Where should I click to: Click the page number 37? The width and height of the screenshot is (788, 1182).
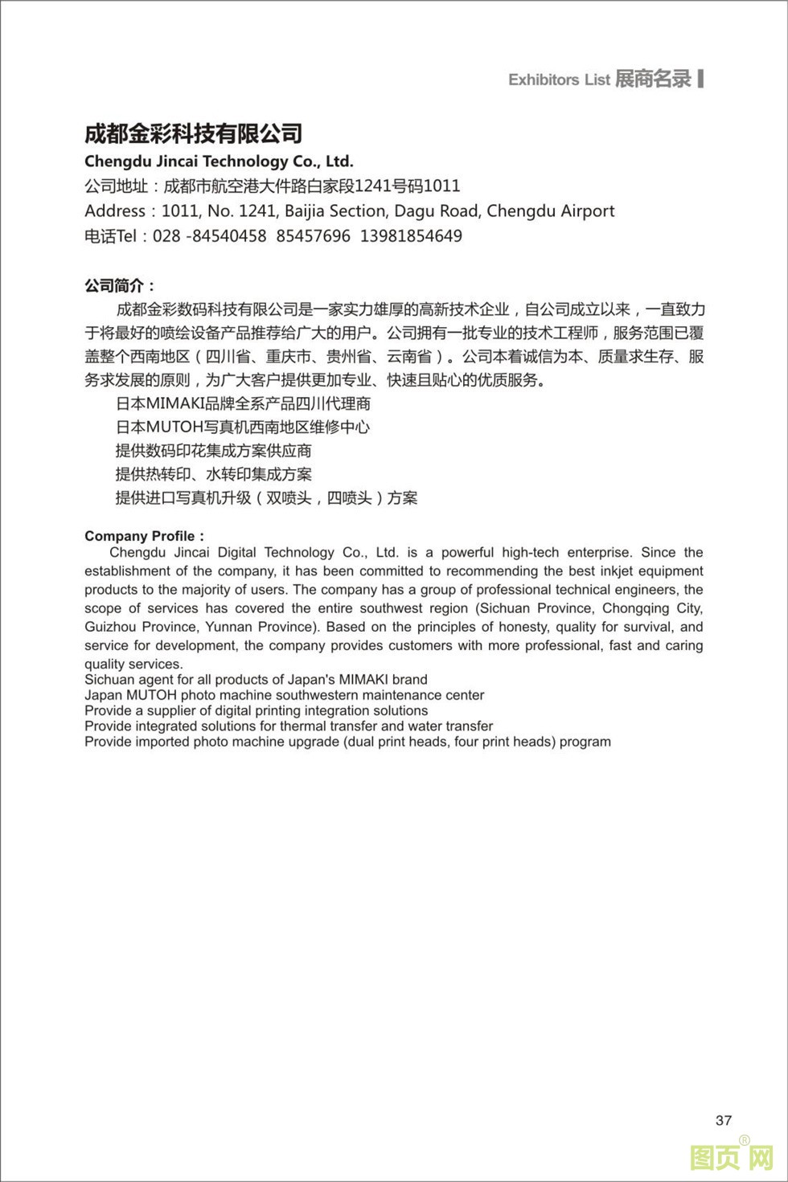tap(723, 1120)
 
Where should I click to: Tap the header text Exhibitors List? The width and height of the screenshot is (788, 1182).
tap(559, 80)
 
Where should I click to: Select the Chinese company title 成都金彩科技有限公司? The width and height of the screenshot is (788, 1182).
tap(193, 133)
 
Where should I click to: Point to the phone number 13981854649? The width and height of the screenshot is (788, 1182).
tap(411, 236)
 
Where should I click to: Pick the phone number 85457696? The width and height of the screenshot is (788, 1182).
tap(313, 236)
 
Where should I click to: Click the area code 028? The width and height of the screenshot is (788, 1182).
tap(166, 236)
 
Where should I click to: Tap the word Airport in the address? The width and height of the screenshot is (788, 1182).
tap(585, 211)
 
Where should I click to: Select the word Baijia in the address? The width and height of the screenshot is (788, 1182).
tap(308, 211)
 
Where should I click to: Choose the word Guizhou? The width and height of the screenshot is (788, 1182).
tap(109, 627)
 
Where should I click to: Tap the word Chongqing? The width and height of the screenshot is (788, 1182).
tap(636, 608)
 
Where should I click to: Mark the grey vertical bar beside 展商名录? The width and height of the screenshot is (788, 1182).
tap(701, 78)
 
